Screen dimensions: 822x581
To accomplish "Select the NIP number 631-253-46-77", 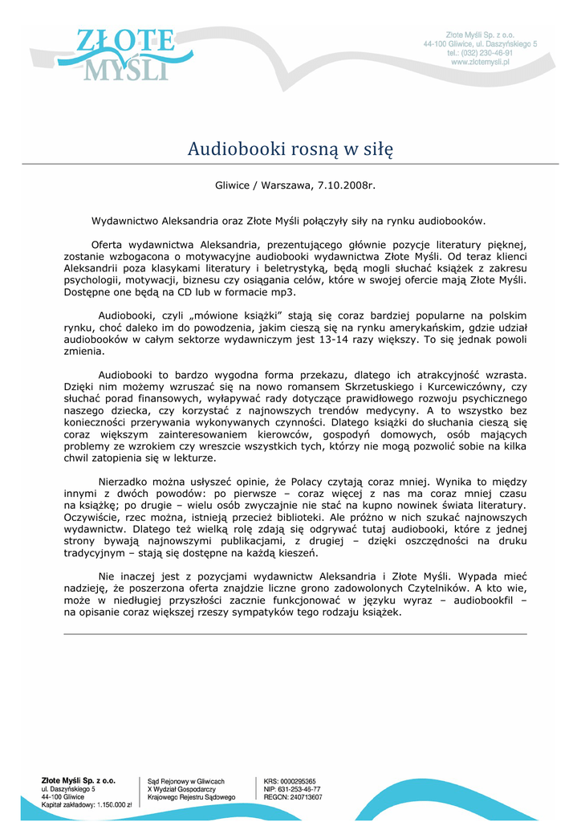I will coord(299,789).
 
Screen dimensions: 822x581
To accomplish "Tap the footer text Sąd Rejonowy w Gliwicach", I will coord(186,781).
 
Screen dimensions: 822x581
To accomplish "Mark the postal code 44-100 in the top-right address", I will coord(437,43).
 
